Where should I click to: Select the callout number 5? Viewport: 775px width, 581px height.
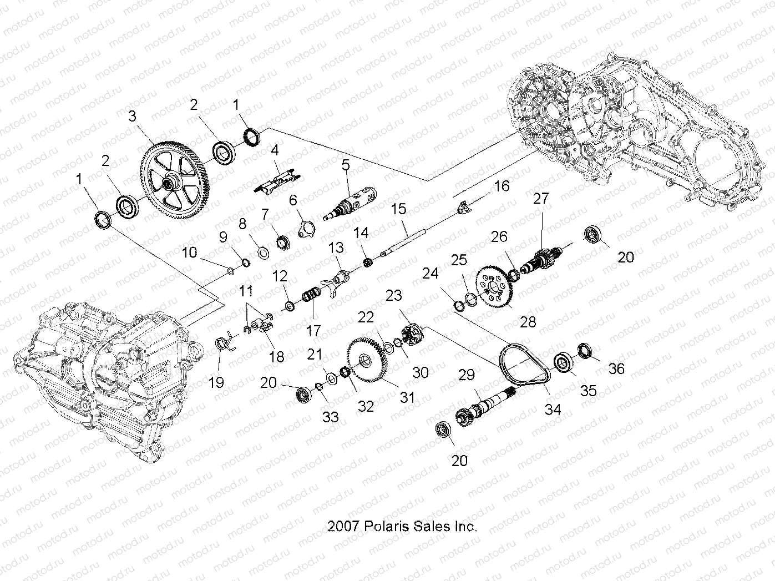pos(346,164)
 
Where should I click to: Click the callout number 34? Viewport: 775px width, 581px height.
pos(553,410)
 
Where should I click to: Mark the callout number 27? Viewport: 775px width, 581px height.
pos(540,199)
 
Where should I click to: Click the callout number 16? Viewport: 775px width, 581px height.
pos(501,185)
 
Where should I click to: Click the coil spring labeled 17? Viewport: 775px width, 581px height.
pos(312,294)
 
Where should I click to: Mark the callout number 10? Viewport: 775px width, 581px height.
pos(189,252)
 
